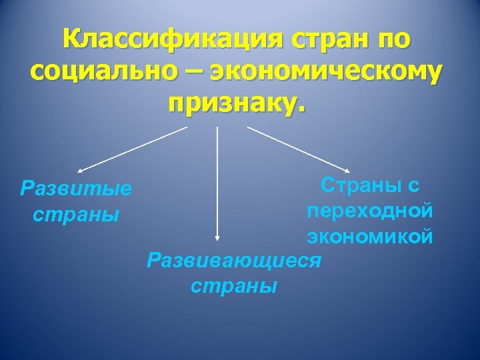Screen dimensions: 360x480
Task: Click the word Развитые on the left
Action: [76, 189]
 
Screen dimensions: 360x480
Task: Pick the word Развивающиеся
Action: [234, 259]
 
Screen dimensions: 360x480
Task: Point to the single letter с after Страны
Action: [413, 185]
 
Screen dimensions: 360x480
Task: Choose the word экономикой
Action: [370, 236]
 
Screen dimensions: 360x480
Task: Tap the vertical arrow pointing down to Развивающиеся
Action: [217, 180]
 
